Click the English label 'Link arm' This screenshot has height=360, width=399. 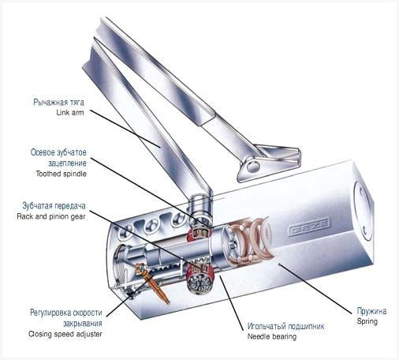(x=70, y=113)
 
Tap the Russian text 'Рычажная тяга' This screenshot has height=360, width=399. (x=58, y=102)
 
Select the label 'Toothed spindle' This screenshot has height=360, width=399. (x=61, y=174)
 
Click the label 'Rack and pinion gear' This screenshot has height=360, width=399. (x=51, y=216)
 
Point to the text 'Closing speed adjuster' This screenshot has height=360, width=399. (x=65, y=334)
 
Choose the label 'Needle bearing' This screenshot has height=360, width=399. (x=272, y=336)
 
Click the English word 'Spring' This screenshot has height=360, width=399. (x=367, y=321)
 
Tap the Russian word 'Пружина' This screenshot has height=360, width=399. (x=371, y=311)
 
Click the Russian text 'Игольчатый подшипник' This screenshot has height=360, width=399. (x=285, y=326)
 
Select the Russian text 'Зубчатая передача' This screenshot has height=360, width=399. (x=54, y=206)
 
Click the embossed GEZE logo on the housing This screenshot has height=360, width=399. (x=309, y=227)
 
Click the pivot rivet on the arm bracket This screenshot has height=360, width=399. (x=254, y=166)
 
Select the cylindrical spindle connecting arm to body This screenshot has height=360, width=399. (x=200, y=208)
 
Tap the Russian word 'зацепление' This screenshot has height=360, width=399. (x=67, y=163)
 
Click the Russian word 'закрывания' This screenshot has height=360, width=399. (x=83, y=324)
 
